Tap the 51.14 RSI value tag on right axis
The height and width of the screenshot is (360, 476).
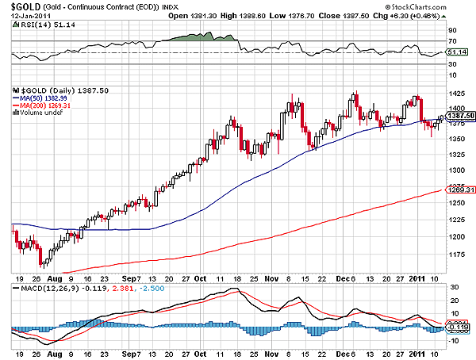pos(462,52)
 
